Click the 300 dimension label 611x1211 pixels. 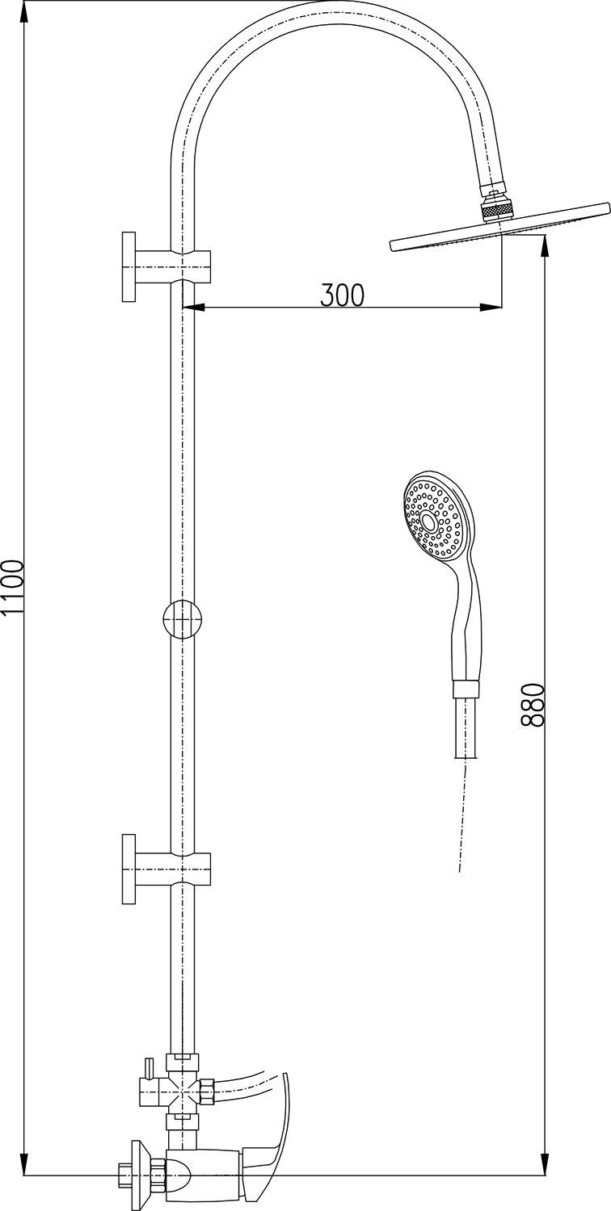point(342,295)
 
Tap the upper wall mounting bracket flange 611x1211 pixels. point(129,266)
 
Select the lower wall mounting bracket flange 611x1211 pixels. point(129,869)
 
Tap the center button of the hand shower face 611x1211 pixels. point(430,522)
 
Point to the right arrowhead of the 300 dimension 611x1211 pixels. point(491,308)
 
